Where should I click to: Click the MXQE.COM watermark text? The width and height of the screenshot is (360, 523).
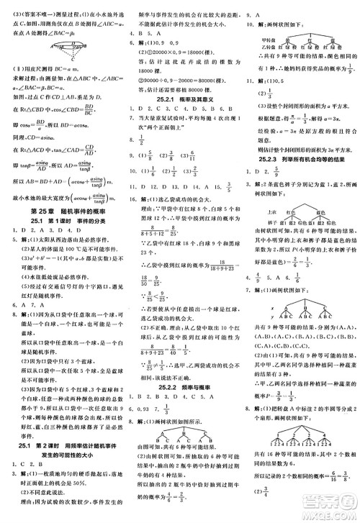click(336, 511)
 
